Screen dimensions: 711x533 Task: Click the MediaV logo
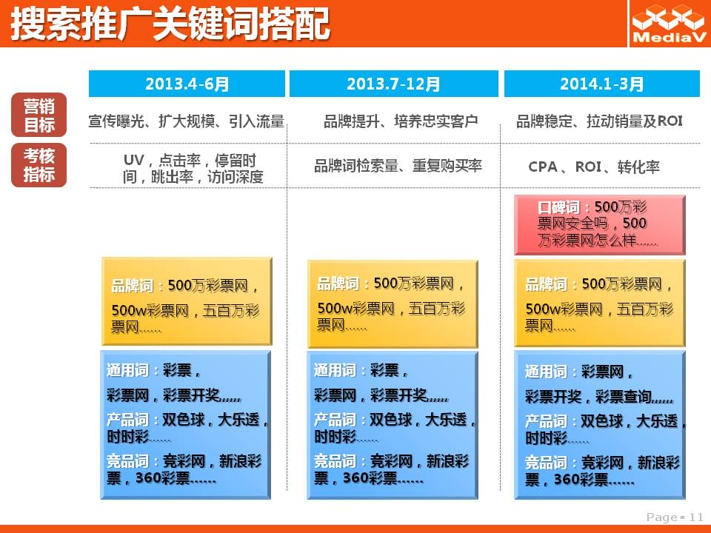pyautogui.click(x=670, y=24)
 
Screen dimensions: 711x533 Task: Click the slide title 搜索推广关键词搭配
pyautogui.click(x=170, y=24)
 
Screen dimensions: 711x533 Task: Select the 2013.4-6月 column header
pyautogui.click(x=187, y=84)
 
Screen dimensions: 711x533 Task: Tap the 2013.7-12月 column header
pyautogui.click(x=393, y=84)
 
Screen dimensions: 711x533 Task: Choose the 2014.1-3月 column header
pyautogui.click(x=601, y=84)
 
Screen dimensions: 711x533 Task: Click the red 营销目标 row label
pyautogui.click(x=39, y=115)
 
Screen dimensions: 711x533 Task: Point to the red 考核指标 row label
pyautogui.click(x=39, y=165)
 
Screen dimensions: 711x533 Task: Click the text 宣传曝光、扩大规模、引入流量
pyautogui.click(x=187, y=121)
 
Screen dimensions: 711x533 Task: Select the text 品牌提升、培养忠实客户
pyautogui.click(x=401, y=121)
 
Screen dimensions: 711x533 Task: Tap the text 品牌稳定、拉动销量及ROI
pyautogui.click(x=599, y=121)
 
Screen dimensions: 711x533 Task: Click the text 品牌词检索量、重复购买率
pyautogui.click(x=398, y=166)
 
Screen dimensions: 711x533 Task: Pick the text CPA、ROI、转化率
pyautogui.click(x=593, y=167)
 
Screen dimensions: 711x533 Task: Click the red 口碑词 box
pyautogui.click(x=599, y=225)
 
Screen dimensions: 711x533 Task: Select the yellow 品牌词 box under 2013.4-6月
pyautogui.click(x=187, y=301)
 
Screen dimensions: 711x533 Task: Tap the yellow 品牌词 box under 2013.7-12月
pyautogui.click(x=393, y=304)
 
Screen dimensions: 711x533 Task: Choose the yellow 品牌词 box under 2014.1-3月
pyautogui.click(x=599, y=304)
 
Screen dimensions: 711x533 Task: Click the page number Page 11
pyautogui.click(x=675, y=517)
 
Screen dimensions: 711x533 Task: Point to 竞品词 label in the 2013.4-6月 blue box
pyautogui.click(x=127, y=461)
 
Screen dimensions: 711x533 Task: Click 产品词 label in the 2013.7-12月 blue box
pyautogui.click(x=335, y=420)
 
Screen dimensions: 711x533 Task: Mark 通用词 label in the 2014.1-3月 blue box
pyautogui.click(x=546, y=372)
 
